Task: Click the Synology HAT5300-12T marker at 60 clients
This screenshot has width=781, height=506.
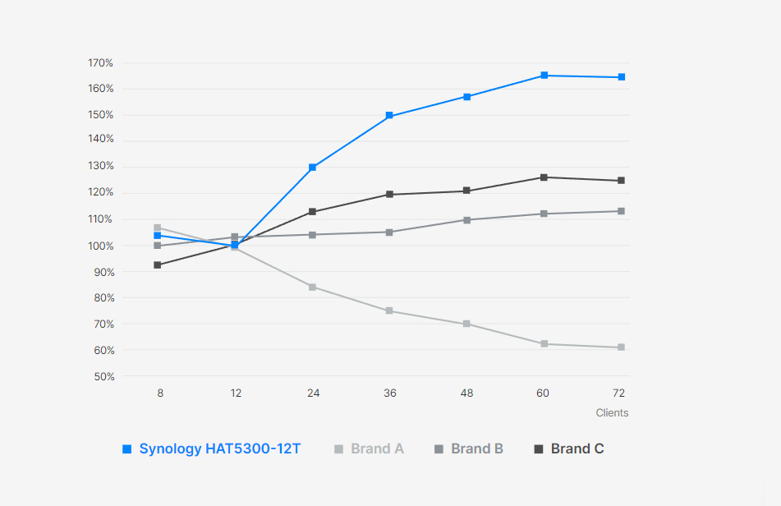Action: click(x=544, y=76)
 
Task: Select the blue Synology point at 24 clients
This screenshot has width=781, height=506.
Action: click(x=312, y=168)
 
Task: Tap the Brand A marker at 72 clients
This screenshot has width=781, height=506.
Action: click(x=621, y=347)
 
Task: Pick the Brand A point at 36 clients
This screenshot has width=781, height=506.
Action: click(x=389, y=310)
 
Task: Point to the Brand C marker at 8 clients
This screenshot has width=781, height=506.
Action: click(x=158, y=265)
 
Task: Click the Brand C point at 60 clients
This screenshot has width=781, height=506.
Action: click(x=544, y=177)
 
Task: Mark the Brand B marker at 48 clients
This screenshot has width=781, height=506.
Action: click(x=466, y=220)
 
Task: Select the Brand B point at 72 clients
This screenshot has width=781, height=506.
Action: click(x=621, y=211)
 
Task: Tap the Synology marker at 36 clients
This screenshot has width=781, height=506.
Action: click(x=389, y=116)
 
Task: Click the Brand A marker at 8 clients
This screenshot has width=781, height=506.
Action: click(x=158, y=228)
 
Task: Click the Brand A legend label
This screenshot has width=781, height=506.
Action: click(x=377, y=448)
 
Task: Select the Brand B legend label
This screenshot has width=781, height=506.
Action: click(x=477, y=448)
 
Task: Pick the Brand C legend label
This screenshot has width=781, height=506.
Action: click(x=577, y=448)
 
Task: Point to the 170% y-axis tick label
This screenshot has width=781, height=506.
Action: click(x=100, y=63)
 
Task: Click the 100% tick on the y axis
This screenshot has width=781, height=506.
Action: click(x=100, y=246)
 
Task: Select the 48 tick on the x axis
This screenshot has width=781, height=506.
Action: click(x=466, y=393)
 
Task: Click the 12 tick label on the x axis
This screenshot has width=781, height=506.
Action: click(x=236, y=393)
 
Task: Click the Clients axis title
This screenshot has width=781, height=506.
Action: click(x=612, y=412)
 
